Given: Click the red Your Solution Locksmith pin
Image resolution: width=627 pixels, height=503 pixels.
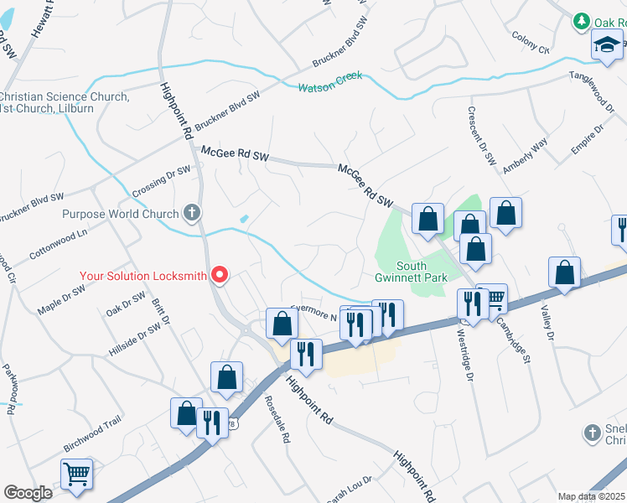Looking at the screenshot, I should [x=220, y=274].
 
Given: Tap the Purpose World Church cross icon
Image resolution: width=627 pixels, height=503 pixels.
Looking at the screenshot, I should [x=192, y=213].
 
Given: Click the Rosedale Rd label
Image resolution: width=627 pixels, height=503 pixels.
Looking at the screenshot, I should [x=277, y=418].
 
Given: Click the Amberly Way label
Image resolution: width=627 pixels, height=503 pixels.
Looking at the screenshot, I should [x=525, y=157].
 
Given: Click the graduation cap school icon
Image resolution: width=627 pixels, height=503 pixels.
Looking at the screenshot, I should [x=607, y=46].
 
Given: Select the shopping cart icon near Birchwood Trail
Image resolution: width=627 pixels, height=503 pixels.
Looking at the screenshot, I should [x=76, y=474].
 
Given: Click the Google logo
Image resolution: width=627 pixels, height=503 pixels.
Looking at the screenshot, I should [x=28, y=492].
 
